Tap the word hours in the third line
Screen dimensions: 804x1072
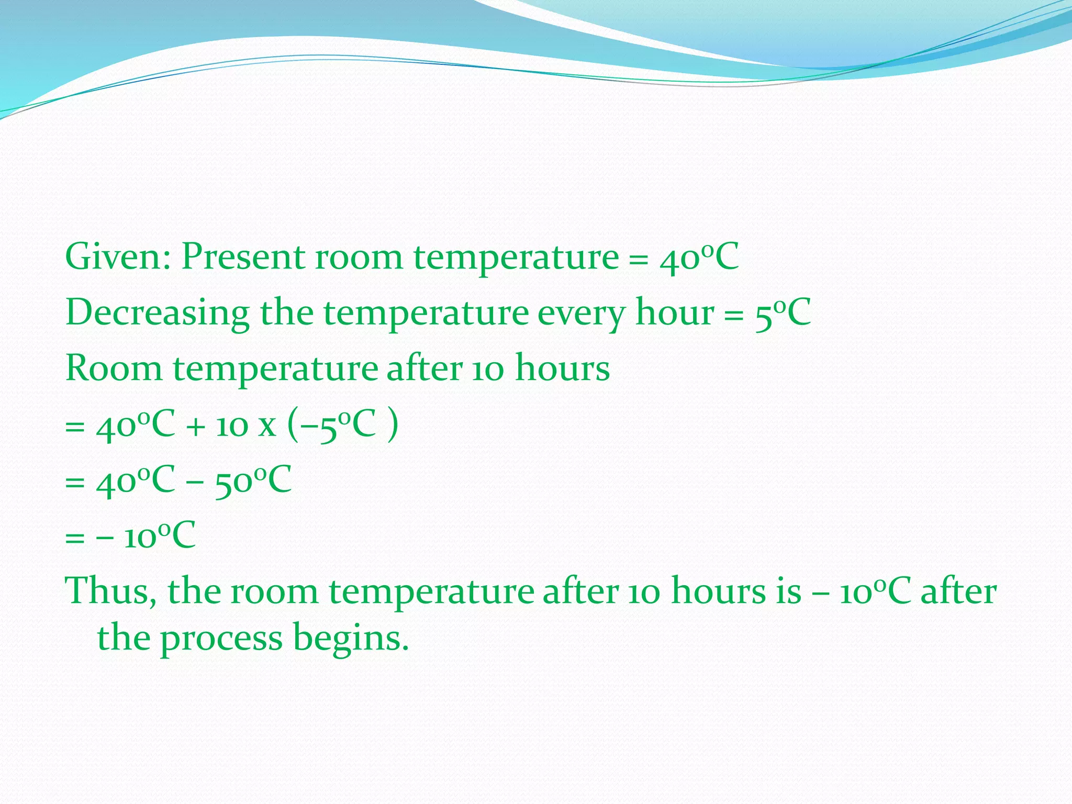point(562,368)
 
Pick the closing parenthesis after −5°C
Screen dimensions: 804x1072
point(393,425)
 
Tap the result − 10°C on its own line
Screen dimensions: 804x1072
point(147,536)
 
